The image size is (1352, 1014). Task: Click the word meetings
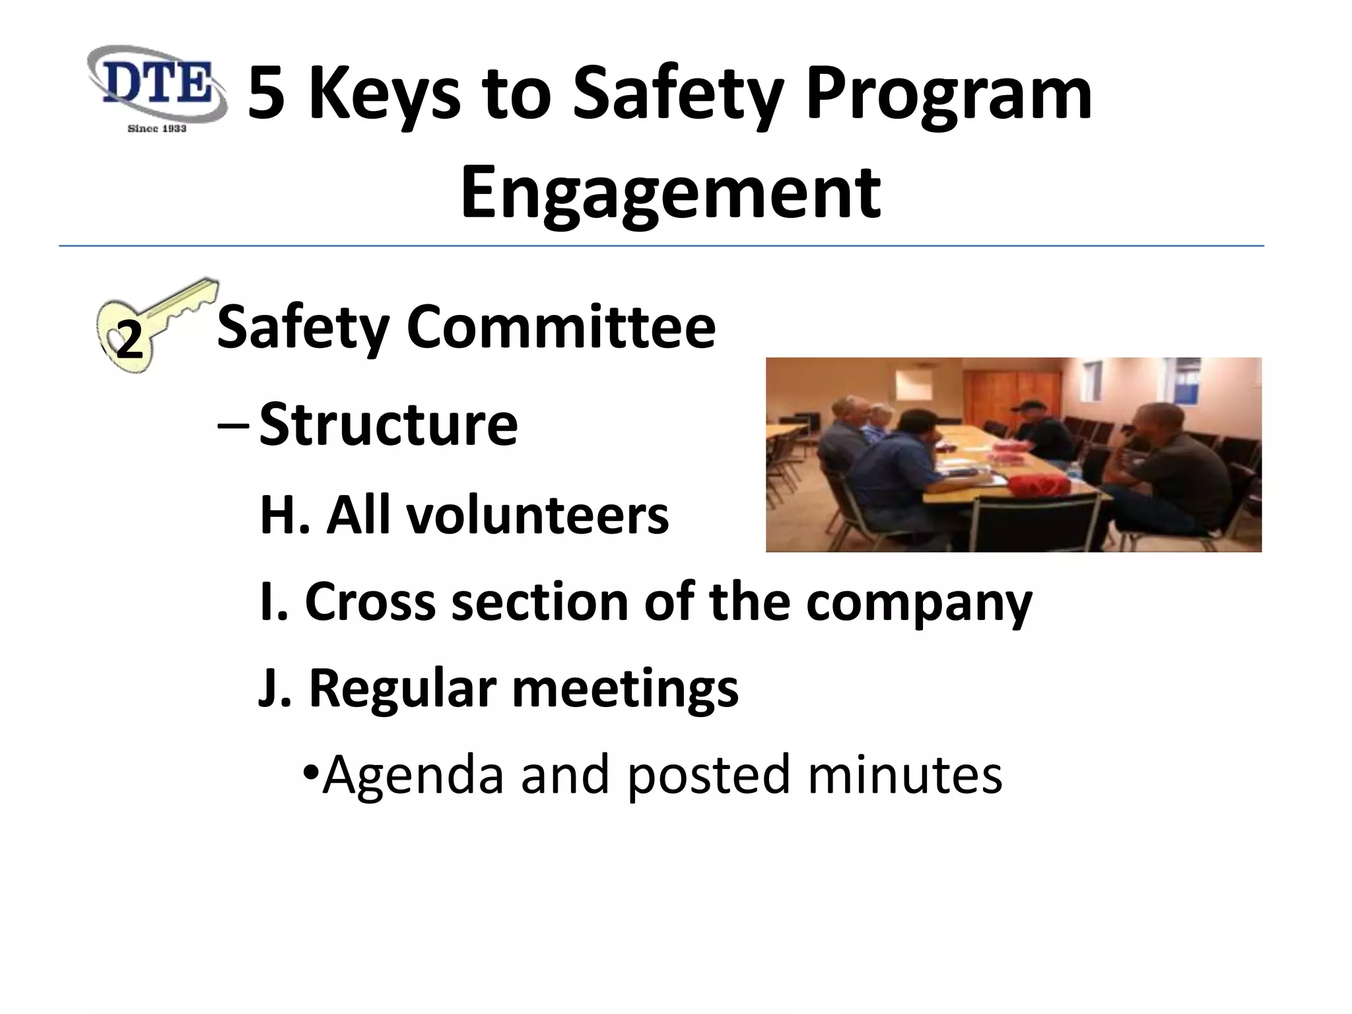pos(625,689)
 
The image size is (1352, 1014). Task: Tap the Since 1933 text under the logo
pos(156,128)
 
